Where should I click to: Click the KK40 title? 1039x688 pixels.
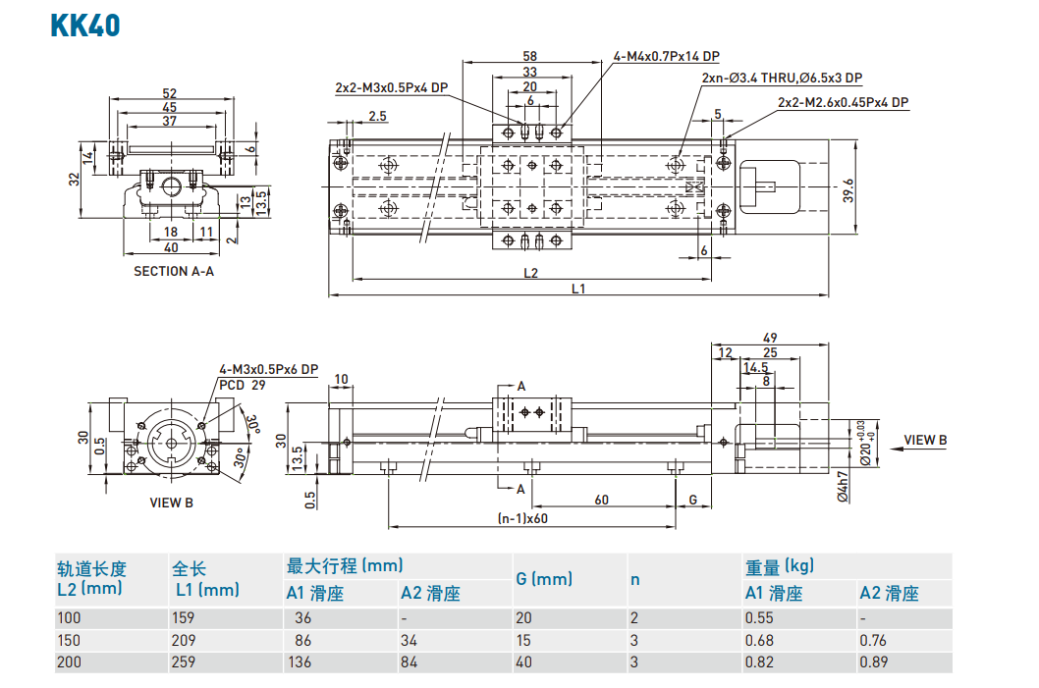84,24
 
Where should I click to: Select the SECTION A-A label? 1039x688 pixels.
173,271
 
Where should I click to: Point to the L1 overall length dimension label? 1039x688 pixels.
578,288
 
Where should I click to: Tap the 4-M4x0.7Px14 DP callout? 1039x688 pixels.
666,57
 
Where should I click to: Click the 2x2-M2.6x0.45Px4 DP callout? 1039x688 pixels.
843,102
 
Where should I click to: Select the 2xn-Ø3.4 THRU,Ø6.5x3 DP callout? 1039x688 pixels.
782,79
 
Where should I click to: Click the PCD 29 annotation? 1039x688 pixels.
243,386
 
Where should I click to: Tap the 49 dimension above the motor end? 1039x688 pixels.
769,338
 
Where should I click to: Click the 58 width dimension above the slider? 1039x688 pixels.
530,57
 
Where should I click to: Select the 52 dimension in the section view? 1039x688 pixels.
170,93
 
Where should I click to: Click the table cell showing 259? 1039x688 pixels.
184,662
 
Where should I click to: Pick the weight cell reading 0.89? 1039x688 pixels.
873,662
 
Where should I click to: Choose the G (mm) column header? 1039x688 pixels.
544,579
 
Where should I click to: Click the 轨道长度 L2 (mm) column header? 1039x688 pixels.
91,578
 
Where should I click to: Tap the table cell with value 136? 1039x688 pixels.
299,662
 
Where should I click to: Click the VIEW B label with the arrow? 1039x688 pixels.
925,441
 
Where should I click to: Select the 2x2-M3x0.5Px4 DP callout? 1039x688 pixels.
391,87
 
